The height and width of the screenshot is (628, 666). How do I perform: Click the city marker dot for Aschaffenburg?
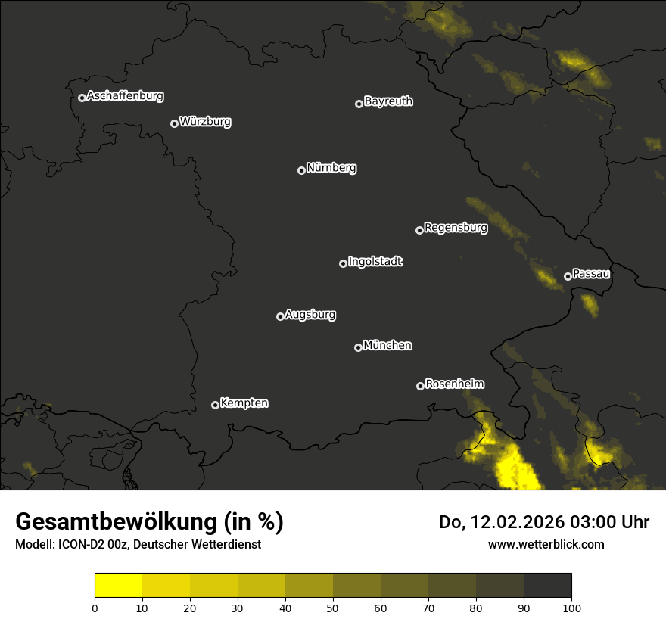(82, 98)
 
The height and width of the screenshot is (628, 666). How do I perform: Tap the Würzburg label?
(205, 122)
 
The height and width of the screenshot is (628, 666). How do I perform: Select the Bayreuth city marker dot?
(359, 104)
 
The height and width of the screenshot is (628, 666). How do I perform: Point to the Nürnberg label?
(331, 168)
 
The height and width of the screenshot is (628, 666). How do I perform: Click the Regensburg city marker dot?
(419, 230)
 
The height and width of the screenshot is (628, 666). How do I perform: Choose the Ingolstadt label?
(375, 262)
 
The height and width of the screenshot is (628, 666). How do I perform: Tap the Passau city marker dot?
(568, 276)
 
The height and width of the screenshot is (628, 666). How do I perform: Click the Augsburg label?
(310, 315)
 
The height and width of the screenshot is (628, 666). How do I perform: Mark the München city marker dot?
(358, 347)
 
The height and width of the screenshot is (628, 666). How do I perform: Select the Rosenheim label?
(454, 384)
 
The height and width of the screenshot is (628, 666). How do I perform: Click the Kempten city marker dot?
(215, 405)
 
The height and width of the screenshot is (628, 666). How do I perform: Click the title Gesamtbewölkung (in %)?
(149, 522)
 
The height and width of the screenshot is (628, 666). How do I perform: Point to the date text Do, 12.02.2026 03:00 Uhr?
(544, 522)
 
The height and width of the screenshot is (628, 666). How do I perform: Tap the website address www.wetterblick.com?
(546, 544)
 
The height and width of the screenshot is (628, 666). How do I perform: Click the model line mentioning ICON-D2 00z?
(138, 545)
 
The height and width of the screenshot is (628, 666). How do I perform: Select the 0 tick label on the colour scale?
(95, 608)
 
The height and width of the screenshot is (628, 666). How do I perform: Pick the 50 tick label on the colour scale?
(333, 608)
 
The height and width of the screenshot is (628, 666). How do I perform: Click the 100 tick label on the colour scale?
(571, 608)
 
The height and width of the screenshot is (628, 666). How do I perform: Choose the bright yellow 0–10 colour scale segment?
(119, 585)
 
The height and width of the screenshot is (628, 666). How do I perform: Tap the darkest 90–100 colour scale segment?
(547, 585)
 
